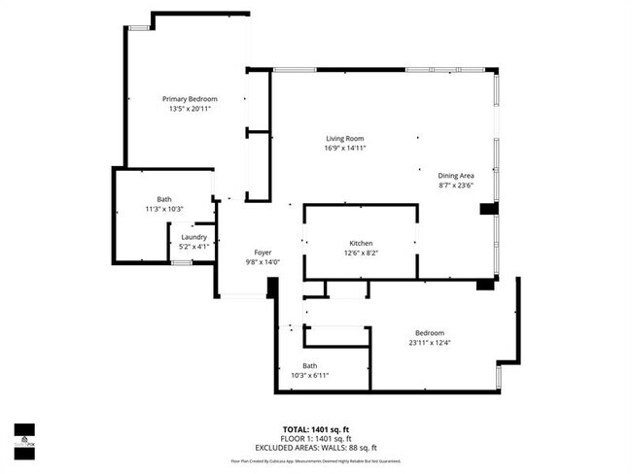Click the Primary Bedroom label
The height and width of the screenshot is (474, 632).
click(x=190, y=99)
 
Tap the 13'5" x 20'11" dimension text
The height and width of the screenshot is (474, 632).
click(x=190, y=109)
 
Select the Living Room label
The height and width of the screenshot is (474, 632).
click(x=344, y=139)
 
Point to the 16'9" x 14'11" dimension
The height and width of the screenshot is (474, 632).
click(x=344, y=149)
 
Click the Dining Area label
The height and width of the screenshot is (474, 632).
click(x=456, y=175)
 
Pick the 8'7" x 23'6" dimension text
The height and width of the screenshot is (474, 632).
click(x=456, y=185)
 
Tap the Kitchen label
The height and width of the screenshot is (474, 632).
click(x=361, y=243)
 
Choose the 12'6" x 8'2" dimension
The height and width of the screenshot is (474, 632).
click(x=361, y=253)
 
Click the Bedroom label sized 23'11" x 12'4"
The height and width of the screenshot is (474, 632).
click(x=429, y=331)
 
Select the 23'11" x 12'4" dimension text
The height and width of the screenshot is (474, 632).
click(x=429, y=341)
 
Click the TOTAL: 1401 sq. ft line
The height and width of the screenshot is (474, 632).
click(x=316, y=428)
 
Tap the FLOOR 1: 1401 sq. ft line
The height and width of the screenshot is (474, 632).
click(x=316, y=437)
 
